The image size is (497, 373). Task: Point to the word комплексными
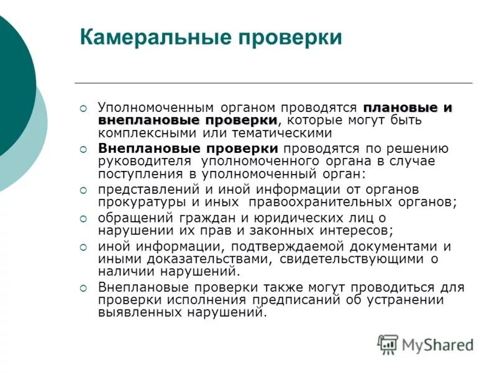pos(136,132)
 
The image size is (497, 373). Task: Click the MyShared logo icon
pos(388,344)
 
